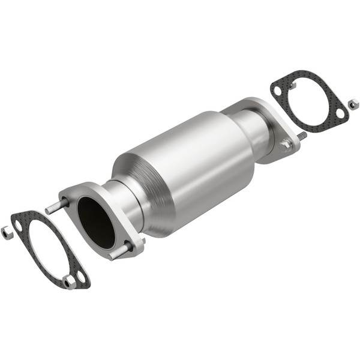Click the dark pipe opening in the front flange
96,221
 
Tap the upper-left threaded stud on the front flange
53,208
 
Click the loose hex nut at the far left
5,231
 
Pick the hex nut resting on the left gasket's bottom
70,282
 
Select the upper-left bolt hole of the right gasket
277,90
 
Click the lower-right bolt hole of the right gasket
340,113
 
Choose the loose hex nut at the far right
353,103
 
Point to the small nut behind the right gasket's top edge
292,85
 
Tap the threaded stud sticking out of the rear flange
301,136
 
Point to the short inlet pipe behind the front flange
129,201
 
